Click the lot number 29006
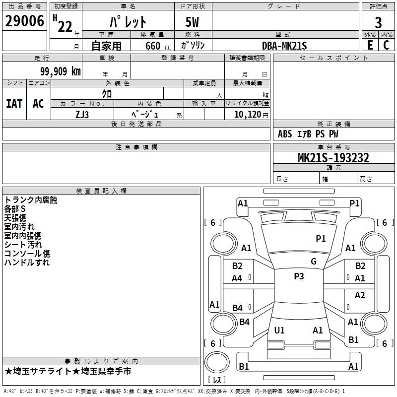tap(24, 21)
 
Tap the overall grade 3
tap(378, 22)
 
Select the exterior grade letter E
tap(370, 45)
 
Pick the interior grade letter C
tap(386, 45)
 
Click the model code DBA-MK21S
tap(284, 46)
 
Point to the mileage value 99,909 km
tap(61, 71)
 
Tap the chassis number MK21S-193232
tap(333, 158)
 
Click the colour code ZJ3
tap(82, 114)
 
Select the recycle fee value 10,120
tap(245, 114)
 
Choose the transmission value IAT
tap(14, 103)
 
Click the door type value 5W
tap(193, 22)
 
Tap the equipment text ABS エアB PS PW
tap(309, 134)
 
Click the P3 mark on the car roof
tap(299, 276)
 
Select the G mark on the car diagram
tap(314, 262)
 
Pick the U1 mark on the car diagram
tap(279, 330)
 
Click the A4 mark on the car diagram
tap(237, 278)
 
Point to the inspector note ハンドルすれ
tap(27, 263)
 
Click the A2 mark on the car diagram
tap(360, 295)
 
